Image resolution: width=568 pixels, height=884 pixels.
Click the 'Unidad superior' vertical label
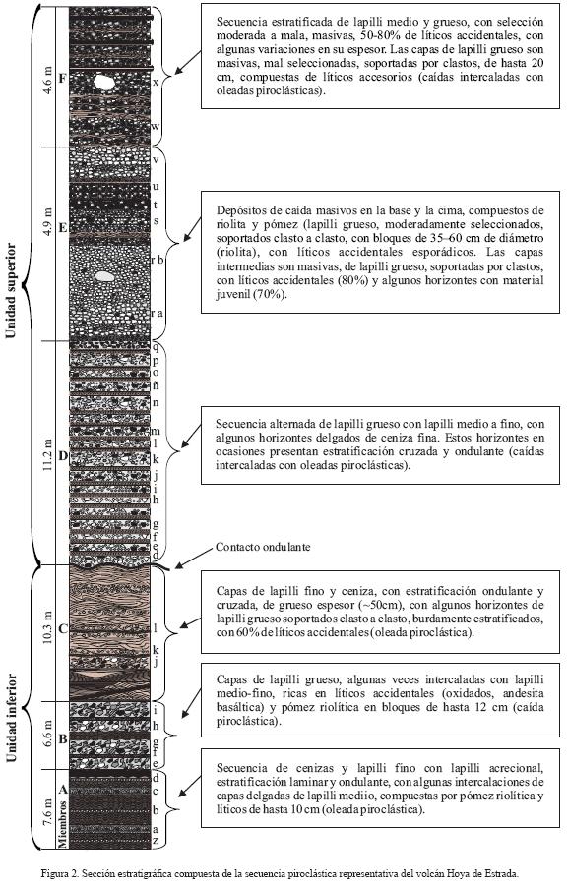tap(10, 291)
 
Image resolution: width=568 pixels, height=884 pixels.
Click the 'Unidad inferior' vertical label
tap(10, 718)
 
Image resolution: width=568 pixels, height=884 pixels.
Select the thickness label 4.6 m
tap(47, 80)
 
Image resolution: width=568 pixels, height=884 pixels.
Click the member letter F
tap(63, 79)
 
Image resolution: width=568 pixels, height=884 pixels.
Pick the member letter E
tap(63, 228)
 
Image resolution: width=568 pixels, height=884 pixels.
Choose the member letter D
tap(63, 455)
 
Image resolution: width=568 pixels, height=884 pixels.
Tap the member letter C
tap(63, 628)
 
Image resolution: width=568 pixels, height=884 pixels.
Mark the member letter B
tap(63, 738)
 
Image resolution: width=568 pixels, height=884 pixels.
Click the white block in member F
tap(104, 83)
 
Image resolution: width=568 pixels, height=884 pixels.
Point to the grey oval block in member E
tap(104, 277)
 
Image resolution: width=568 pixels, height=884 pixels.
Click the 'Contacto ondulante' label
tap(263, 547)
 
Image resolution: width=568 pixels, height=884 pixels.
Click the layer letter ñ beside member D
tap(156, 385)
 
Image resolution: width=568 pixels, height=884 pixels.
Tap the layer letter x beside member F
tap(156, 83)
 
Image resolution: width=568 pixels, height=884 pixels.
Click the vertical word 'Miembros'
tap(63, 823)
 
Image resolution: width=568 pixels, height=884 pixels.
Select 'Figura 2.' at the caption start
tap(60, 873)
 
